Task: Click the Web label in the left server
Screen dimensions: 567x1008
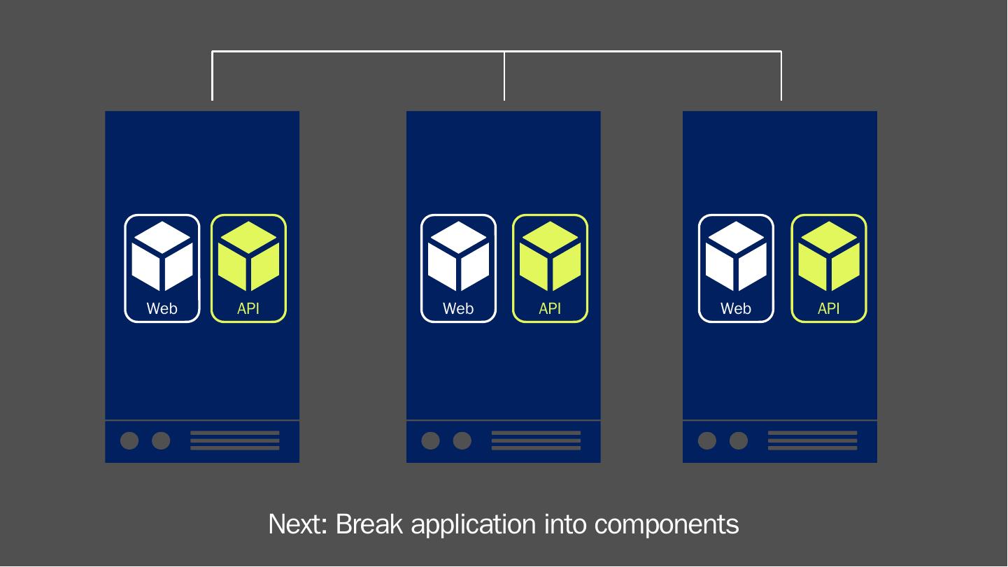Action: [162, 308]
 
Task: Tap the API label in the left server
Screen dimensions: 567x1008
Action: [248, 308]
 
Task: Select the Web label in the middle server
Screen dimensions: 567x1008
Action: [458, 308]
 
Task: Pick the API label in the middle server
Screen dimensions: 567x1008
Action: [551, 308]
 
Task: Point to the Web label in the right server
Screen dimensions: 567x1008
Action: [736, 308]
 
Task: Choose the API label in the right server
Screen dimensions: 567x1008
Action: [829, 308]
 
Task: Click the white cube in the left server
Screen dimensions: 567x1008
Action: [162, 257]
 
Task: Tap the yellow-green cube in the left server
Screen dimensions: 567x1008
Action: [249, 257]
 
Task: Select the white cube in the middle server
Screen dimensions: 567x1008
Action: [458, 257]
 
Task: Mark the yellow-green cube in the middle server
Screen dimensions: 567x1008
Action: [551, 257]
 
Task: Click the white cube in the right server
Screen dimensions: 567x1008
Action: [737, 257]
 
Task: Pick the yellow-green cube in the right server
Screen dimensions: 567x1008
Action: [829, 257]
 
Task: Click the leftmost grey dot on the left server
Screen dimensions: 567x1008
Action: [129, 440]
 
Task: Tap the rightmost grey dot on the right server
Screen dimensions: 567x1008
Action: [739, 440]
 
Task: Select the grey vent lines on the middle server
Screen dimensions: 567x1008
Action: [536, 440]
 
